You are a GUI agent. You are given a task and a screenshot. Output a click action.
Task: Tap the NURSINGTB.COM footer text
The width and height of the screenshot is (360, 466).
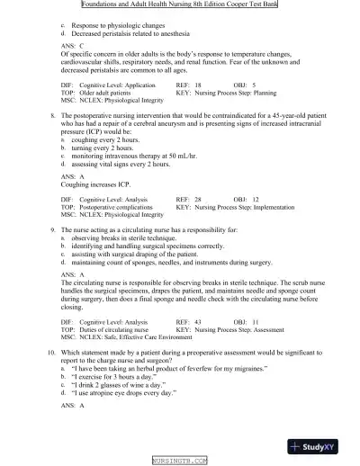[180, 460]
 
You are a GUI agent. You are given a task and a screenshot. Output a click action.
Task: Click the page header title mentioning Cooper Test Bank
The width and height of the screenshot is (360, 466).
[180, 4]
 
